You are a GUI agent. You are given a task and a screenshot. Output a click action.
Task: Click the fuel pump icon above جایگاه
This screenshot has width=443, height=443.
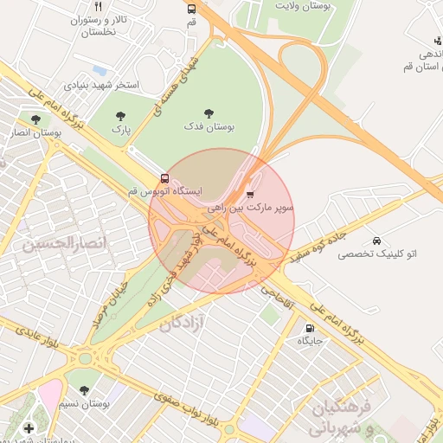pos(310,328)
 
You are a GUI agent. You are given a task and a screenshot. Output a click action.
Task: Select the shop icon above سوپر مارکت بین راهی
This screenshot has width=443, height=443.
pos(250,195)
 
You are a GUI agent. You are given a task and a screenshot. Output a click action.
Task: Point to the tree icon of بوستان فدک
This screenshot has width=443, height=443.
pos(209,112)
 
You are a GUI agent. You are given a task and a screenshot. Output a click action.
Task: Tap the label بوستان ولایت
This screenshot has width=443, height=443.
pos(304,6)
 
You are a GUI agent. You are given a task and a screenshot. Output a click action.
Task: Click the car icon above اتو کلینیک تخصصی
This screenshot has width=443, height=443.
pos(376,240)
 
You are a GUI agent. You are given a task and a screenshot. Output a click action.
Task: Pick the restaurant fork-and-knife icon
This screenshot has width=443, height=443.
pos(99,5)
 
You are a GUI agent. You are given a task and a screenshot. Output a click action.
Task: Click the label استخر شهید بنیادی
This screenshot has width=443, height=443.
pos(101,86)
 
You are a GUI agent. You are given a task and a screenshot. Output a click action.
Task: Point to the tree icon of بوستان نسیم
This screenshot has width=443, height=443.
pos(84,390)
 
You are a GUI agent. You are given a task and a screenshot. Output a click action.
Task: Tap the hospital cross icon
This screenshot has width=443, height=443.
pos(29,427)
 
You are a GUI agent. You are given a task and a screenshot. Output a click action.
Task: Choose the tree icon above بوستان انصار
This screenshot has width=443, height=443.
pos(35,120)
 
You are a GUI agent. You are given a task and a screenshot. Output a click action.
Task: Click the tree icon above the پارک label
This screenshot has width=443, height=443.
pos(119,115)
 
